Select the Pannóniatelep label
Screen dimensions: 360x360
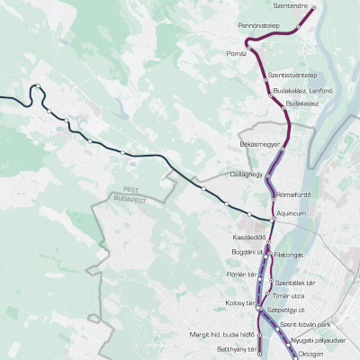coord(260,27)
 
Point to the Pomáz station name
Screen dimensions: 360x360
coord(237,54)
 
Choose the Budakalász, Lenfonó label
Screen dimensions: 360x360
coord(297,90)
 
